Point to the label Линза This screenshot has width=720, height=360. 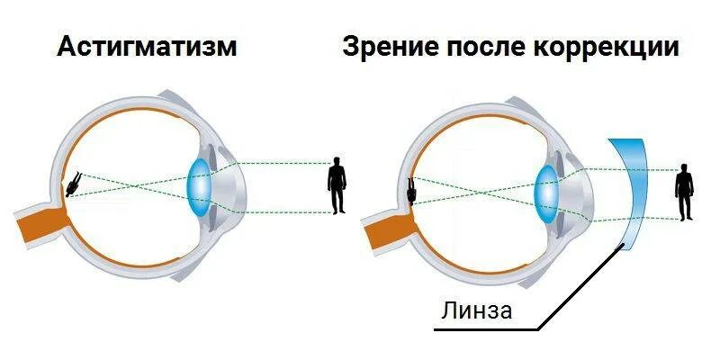pos(476,311)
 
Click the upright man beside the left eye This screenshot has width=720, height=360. pos(337,185)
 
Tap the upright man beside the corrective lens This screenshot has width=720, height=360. pos(685,192)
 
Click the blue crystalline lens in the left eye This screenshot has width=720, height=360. pos(201,185)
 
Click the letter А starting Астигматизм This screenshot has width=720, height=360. pos(66,48)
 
